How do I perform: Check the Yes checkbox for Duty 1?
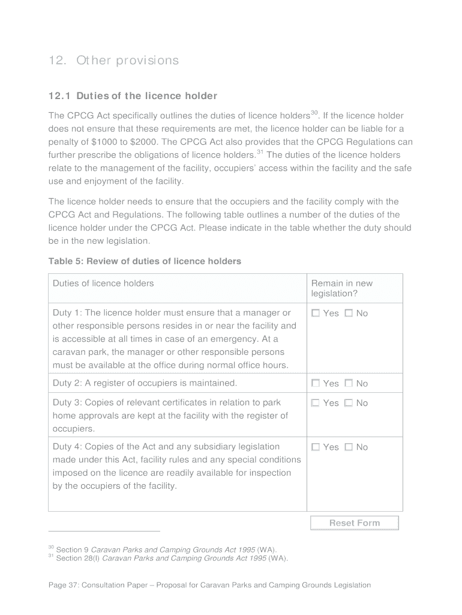316,313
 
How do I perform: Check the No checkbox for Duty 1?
349,313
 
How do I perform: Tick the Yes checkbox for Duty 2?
316,383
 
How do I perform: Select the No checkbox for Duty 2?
349,383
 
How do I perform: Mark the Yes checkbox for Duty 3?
316,403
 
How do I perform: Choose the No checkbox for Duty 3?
349,403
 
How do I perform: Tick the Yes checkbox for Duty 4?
316,447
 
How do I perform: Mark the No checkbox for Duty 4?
349,447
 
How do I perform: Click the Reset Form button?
354,523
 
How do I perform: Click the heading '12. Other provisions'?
113,61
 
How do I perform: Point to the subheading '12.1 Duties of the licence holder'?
133,96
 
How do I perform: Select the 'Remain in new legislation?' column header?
341,288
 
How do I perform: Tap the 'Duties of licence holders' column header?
103,283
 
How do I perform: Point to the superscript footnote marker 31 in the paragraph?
260,152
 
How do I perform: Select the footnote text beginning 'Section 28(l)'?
172,559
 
